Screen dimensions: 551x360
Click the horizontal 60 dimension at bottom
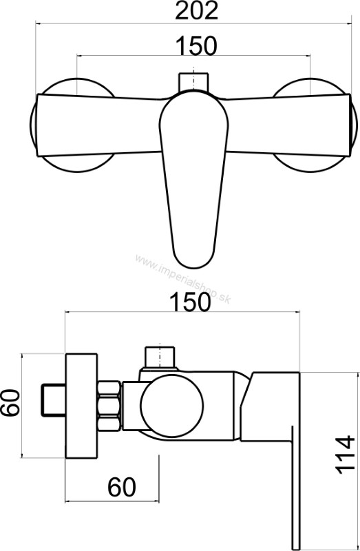pyautogui.click(x=123, y=488)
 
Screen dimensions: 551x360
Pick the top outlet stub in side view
pyautogui.click(x=160, y=356)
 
